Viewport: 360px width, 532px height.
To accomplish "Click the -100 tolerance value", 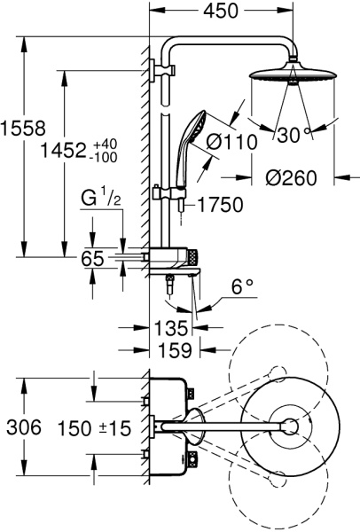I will (129, 156).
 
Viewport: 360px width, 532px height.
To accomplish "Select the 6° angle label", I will (241, 288).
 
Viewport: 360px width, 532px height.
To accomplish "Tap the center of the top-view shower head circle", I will (289, 427).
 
